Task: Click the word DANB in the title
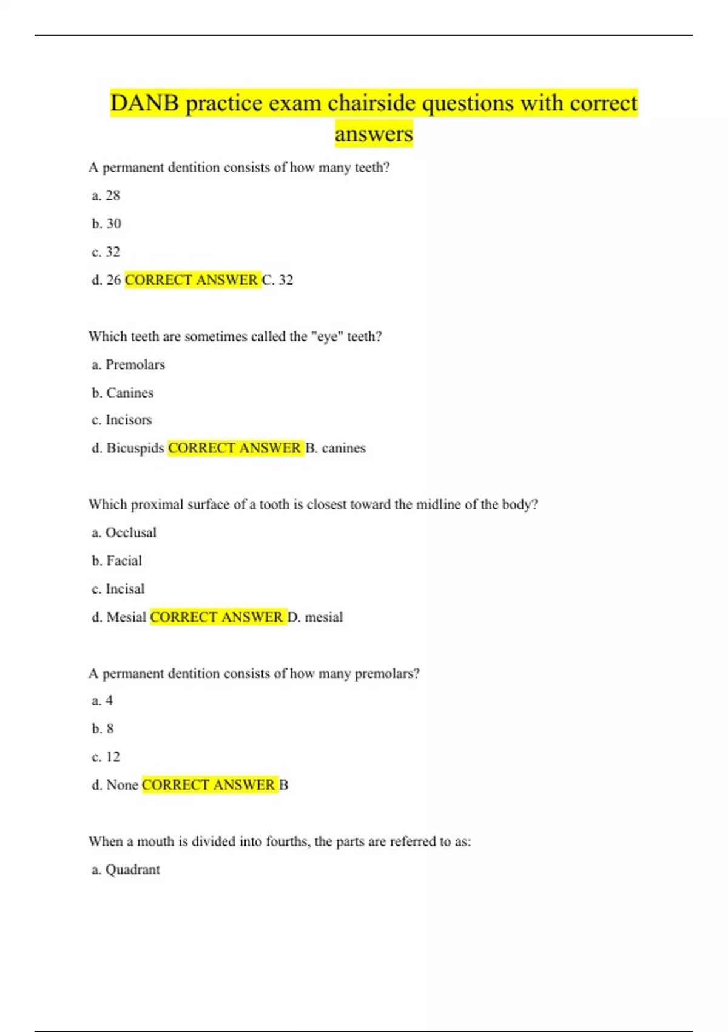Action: pos(144,103)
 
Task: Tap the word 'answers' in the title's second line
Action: pos(374,134)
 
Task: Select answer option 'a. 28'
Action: pos(106,195)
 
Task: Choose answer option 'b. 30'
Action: pos(107,223)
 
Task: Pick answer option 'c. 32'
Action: pos(106,251)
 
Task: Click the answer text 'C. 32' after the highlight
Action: pos(278,280)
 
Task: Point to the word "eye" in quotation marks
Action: pos(328,336)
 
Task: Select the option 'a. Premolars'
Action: pos(129,364)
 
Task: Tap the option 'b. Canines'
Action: pos(123,393)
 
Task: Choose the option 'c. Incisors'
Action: pos(122,419)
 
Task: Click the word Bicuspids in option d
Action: pos(135,448)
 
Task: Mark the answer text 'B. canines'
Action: pos(335,448)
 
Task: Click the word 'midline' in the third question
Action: pos(438,504)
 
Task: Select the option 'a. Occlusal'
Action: pos(124,532)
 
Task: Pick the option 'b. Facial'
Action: pos(117,560)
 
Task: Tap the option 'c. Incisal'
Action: pos(118,589)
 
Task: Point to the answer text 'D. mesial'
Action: pos(315,617)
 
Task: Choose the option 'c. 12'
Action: pos(106,756)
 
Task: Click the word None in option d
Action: pos(123,785)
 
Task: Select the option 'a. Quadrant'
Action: pos(126,869)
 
